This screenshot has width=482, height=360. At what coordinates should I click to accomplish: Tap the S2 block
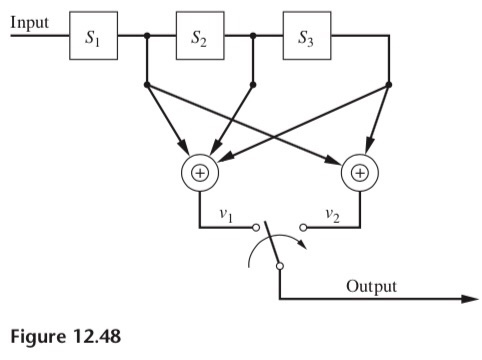(x=199, y=39)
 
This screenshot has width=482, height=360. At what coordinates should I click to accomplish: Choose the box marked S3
(x=306, y=39)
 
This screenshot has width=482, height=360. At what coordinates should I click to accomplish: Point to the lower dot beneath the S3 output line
(x=389, y=85)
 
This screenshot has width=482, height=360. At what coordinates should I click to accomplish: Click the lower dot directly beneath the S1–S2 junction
(x=147, y=85)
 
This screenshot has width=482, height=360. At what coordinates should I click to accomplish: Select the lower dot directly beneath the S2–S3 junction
(x=253, y=85)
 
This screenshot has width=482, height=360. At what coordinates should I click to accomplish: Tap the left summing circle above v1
(x=199, y=172)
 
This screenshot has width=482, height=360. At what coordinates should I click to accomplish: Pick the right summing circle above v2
(x=360, y=172)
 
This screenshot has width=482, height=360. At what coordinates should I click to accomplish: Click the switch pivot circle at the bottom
(x=279, y=266)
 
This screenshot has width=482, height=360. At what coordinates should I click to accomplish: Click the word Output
(x=371, y=286)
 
